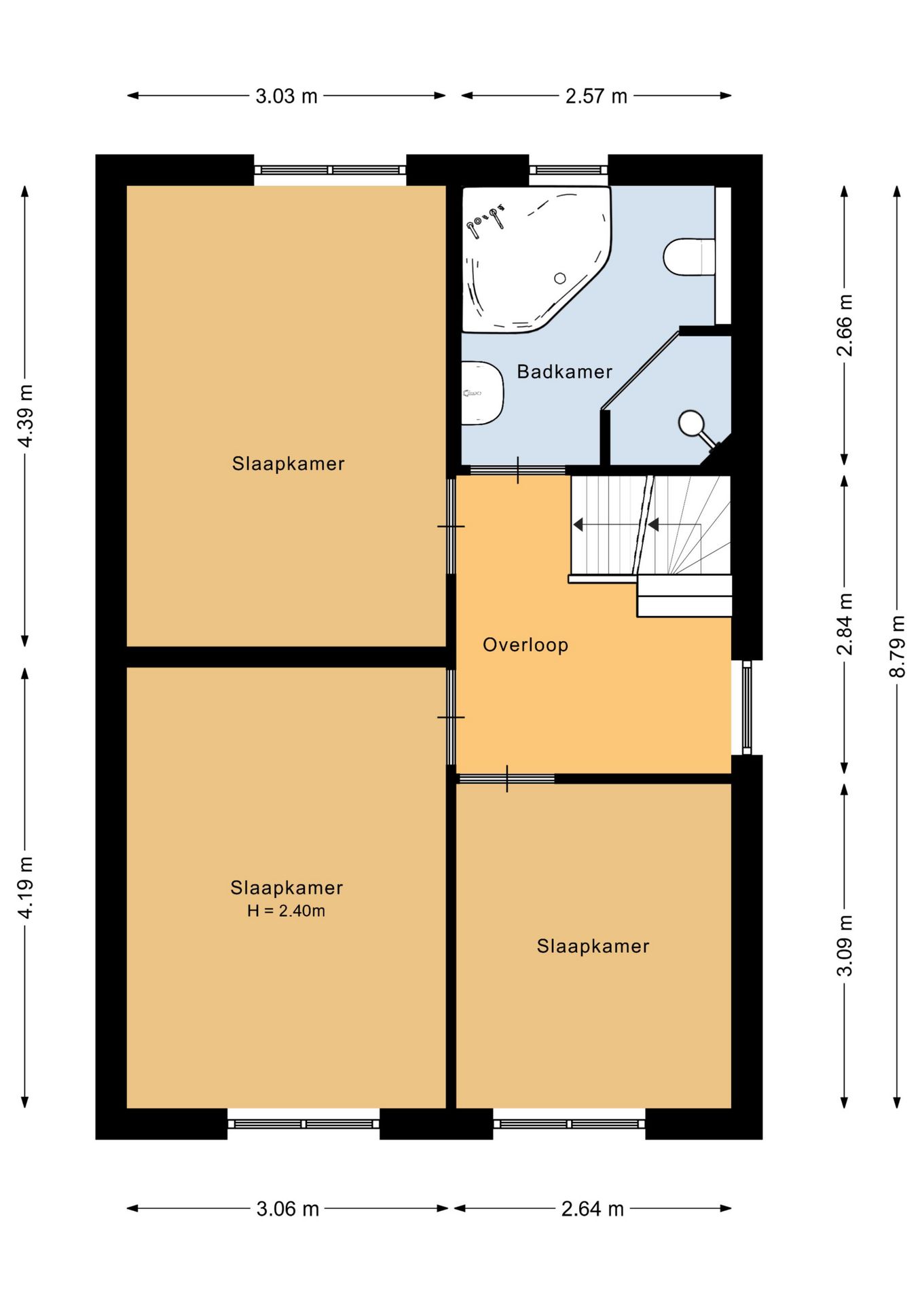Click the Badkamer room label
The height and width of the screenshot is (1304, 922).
564,372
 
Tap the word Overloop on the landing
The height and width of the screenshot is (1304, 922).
525,645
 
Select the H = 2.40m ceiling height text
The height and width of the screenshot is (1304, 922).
286,911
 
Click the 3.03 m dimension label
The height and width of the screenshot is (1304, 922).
287,96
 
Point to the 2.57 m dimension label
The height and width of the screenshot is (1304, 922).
596,96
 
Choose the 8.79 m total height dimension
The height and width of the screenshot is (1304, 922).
897,646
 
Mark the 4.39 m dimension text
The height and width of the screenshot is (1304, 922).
25,416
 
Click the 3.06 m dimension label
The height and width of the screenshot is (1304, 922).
287,1209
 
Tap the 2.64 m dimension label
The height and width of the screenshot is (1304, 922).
592,1209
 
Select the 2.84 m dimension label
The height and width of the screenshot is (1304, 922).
844,623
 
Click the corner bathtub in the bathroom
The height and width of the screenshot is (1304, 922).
536,259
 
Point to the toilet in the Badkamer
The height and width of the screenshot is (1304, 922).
689,257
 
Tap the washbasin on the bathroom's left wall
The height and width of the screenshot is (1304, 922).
482,393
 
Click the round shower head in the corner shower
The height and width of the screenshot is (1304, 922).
691,422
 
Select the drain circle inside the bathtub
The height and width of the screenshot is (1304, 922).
560,278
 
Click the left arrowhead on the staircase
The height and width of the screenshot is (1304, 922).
578,524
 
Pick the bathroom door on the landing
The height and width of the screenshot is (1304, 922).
518,470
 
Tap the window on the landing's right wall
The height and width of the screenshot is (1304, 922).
747,708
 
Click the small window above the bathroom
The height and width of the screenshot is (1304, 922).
568,170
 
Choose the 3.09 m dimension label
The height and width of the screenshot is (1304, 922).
844,945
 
